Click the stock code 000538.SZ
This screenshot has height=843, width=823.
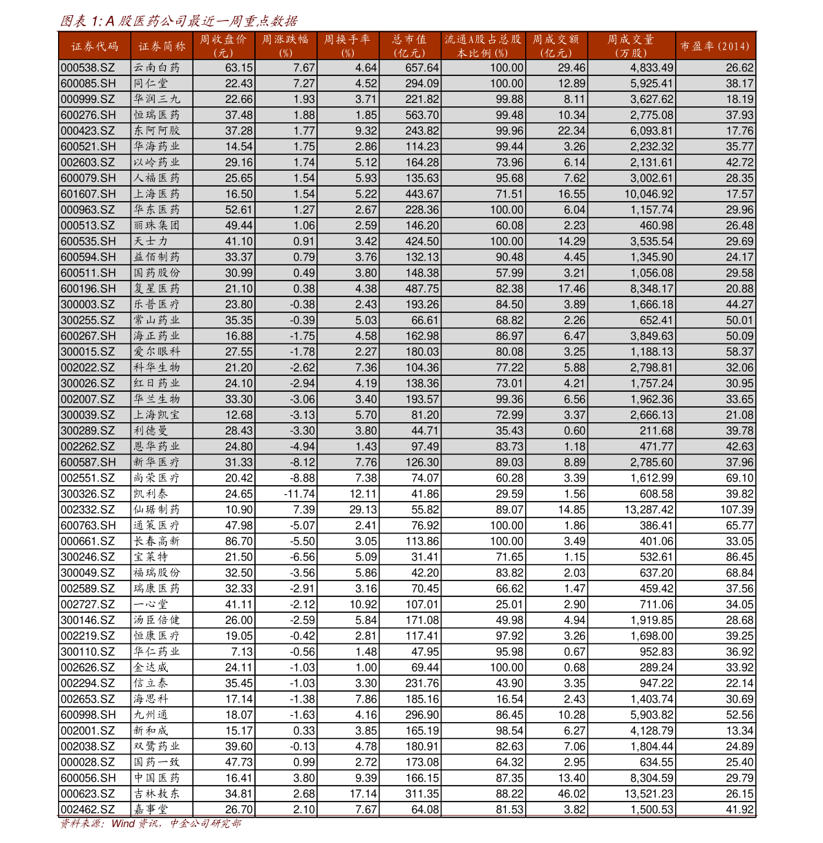(88, 68)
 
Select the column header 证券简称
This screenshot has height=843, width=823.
(161, 46)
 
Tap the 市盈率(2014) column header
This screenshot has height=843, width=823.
(715, 46)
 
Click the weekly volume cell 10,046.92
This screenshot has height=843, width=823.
(652, 194)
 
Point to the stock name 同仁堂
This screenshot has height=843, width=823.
(151, 84)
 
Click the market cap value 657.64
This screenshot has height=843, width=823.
(422, 68)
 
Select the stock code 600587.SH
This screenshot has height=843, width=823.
(88, 462)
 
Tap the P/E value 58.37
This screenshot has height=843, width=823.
(739, 352)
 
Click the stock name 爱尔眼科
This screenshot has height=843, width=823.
(157, 352)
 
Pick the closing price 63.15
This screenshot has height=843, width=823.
(239, 68)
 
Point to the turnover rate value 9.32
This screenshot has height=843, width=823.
(366, 131)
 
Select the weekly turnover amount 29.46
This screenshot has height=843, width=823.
(571, 68)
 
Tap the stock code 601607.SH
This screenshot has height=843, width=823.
(88, 194)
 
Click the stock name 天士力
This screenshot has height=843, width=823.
(151, 241)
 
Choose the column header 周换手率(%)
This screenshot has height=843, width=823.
(348, 46)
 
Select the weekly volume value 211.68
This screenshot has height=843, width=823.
(656, 430)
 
